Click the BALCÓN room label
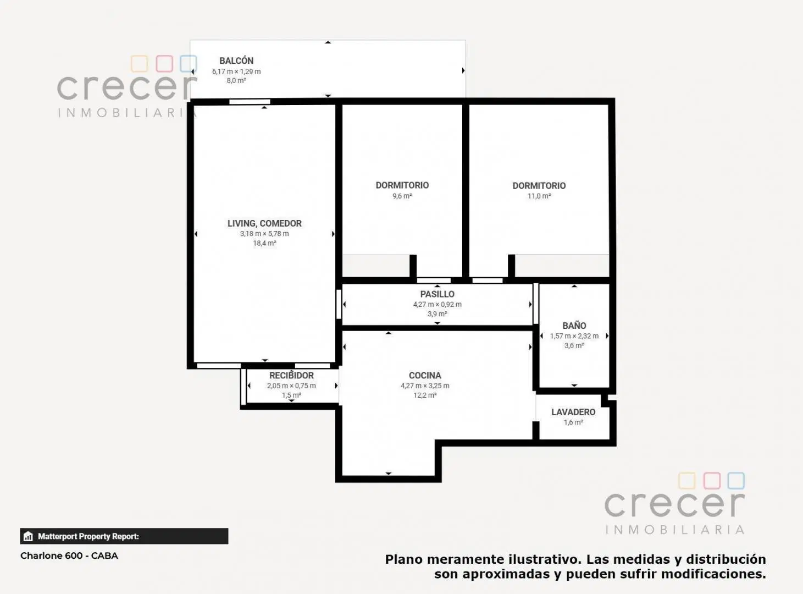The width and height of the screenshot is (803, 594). point(236,61)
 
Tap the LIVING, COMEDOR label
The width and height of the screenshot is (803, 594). point(264,223)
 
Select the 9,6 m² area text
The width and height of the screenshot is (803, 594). point(402,196)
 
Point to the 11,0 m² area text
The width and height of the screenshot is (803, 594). point(539,196)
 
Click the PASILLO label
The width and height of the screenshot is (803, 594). point(438,294)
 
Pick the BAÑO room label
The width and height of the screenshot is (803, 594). point(574,326)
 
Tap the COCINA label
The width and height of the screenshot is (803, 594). point(425,376)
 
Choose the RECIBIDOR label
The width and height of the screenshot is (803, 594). point(291,376)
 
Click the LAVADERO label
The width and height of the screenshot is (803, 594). point(573,412)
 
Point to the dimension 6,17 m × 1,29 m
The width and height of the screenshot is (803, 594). point(236,71)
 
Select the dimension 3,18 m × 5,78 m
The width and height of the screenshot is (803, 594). point(264,234)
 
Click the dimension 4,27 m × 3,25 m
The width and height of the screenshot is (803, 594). point(425,386)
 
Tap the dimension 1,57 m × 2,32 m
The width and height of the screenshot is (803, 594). point(574,336)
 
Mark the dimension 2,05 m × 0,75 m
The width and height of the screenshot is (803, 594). point(291,386)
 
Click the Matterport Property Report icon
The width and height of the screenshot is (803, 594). point(28,536)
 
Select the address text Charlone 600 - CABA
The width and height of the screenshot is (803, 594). point(69,555)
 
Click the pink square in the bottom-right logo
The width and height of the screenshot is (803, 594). point(712,481)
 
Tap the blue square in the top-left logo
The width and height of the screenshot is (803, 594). point(189,64)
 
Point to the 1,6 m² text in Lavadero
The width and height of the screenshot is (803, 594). point(573,422)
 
